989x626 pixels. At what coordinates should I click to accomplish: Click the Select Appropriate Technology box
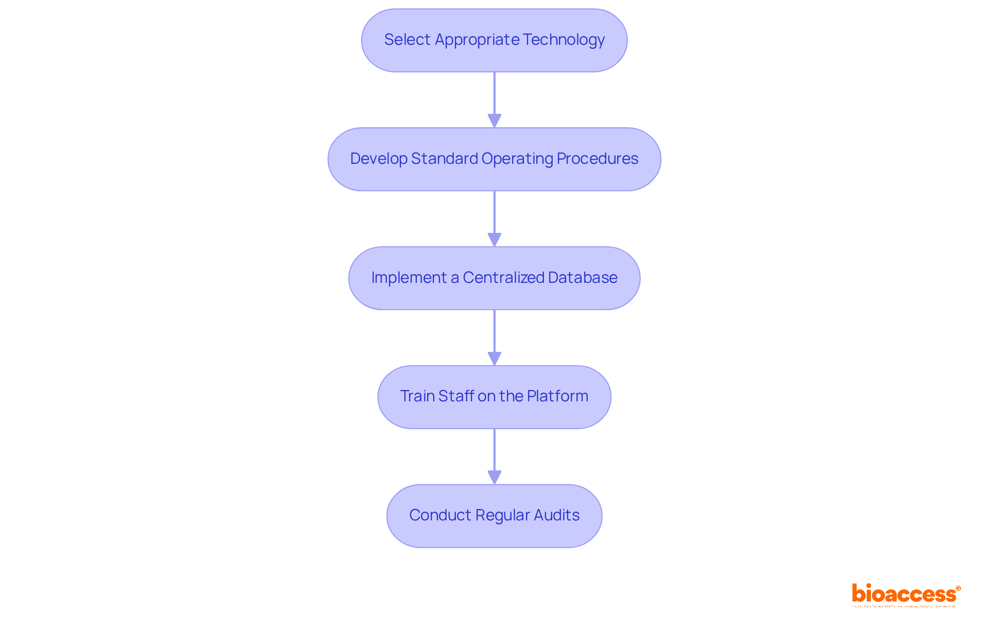tap(494, 40)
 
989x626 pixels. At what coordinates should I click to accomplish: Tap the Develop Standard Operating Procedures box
tap(494, 159)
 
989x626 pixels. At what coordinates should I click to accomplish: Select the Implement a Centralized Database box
tap(494, 278)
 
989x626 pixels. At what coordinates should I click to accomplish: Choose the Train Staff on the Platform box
tap(494, 397)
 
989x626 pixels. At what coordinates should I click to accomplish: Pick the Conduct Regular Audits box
tap(494, 516)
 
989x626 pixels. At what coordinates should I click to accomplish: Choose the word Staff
tap(456, 396)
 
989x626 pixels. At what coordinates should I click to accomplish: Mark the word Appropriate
tap(477, 40)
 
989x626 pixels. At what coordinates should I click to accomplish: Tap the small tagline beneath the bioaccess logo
tap(904, 607)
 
